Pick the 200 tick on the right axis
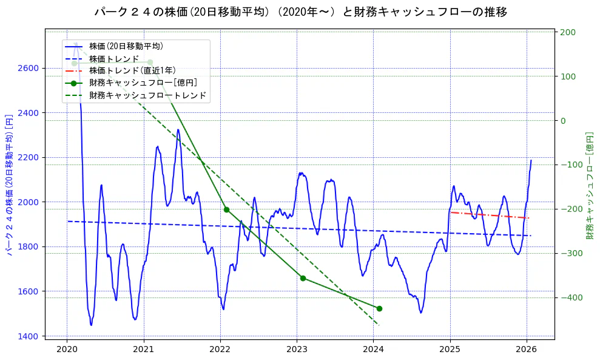(568, 32)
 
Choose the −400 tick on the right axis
(570, 297)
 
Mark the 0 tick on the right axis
(564, 120)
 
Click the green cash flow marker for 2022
(226, 209)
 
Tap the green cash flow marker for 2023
(303, 278)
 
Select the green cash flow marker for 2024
(379, 308)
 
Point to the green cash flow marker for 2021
(150, 63)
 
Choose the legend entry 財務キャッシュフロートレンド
(147, 95)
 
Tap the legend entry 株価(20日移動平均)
(126, 46)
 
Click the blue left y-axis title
(9, 185)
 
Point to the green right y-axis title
(590, 185)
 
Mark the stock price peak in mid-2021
(178, 129)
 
